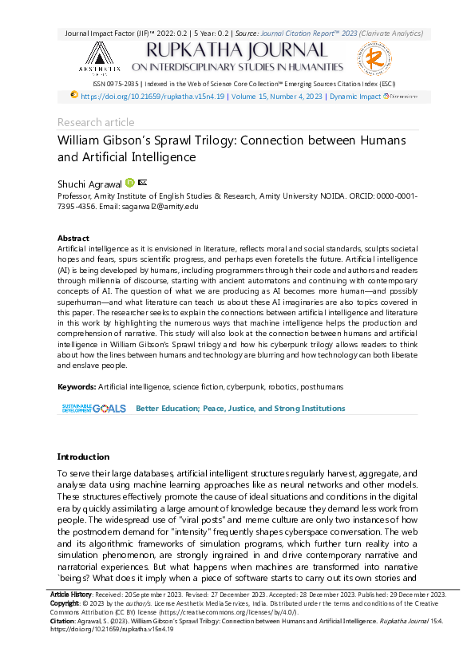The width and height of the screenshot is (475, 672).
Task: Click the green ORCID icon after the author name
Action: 130,183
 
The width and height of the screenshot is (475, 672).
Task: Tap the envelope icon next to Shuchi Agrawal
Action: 142,183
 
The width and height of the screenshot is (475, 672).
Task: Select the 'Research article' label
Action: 96,122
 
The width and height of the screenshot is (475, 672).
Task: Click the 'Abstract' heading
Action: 73,239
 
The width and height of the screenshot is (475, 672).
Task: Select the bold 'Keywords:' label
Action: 77,387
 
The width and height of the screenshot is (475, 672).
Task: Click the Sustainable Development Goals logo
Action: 93,408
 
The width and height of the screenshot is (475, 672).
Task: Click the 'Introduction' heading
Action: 83,457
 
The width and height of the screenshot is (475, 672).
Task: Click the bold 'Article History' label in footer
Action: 70,595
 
